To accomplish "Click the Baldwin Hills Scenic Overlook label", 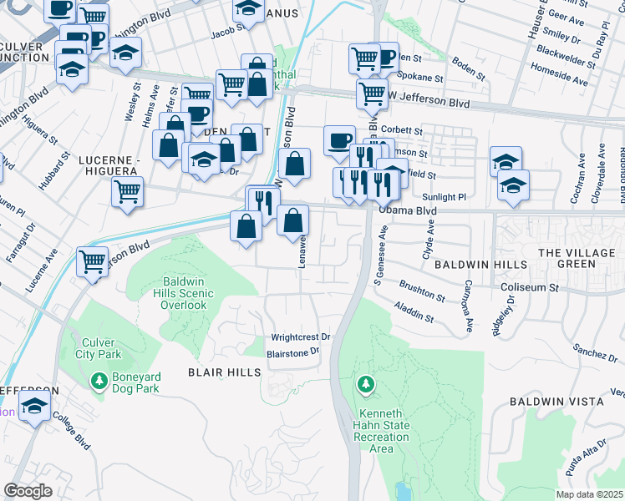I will tap(184, 293).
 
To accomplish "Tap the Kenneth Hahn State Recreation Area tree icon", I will tap(365, 384).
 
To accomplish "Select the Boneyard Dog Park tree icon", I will tap(99, 382).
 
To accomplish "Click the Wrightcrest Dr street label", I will tap(300, 337).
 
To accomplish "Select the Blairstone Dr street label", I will tap(293, 352).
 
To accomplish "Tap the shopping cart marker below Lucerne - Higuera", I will tap(127, 191).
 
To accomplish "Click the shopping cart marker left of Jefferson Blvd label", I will tap(92, 261).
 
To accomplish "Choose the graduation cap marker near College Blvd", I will tap(34, 409).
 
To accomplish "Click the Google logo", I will tap(28, 491).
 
